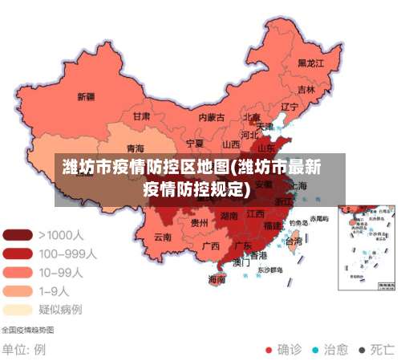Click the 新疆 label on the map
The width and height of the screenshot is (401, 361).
coord(86,96)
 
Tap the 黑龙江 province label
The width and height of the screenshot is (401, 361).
coord(310,62)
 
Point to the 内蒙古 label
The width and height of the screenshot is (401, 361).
coord(212,116)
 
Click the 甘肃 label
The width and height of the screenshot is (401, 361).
coord(141,116)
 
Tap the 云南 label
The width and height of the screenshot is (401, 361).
coord(163,237)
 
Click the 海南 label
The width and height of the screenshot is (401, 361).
coord(217,279)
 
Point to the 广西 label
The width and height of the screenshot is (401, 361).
coord(211,245)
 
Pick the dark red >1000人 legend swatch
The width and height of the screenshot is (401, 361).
coord(18,235)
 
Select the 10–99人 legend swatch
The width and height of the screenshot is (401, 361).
coord(18,272)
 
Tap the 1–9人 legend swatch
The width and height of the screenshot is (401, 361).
coord(18,290)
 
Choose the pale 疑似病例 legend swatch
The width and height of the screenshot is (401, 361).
coord(18,309)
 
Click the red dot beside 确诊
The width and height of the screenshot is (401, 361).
coord(268,350)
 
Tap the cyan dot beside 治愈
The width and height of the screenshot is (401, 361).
coord(315,350)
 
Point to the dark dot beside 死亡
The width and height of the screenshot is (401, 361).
coord(363,350)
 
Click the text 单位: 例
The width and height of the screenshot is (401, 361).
coord(24,350)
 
